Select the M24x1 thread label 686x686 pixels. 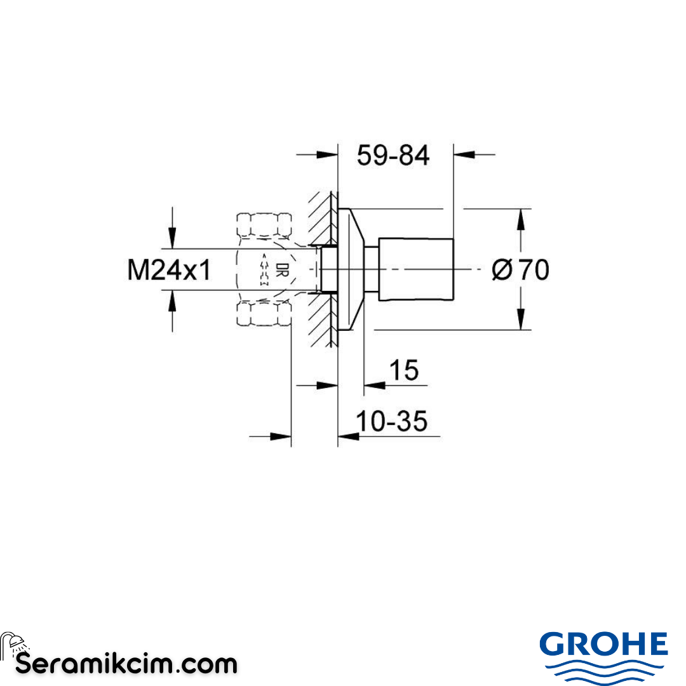pos(169,271)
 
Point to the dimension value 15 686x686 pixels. pos(404,370)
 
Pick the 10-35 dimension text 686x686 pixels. pos(391,421)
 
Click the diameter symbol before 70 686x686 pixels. pos(501,271)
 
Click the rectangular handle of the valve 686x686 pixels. pos(416,269)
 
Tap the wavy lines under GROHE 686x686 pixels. pos(603,670)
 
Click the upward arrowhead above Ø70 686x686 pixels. pos(521,219)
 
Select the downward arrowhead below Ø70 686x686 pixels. pos(521,319)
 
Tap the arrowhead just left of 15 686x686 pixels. pos(374,384)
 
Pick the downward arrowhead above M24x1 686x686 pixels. pos(171,238)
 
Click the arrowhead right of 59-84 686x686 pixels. pos(464,153)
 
